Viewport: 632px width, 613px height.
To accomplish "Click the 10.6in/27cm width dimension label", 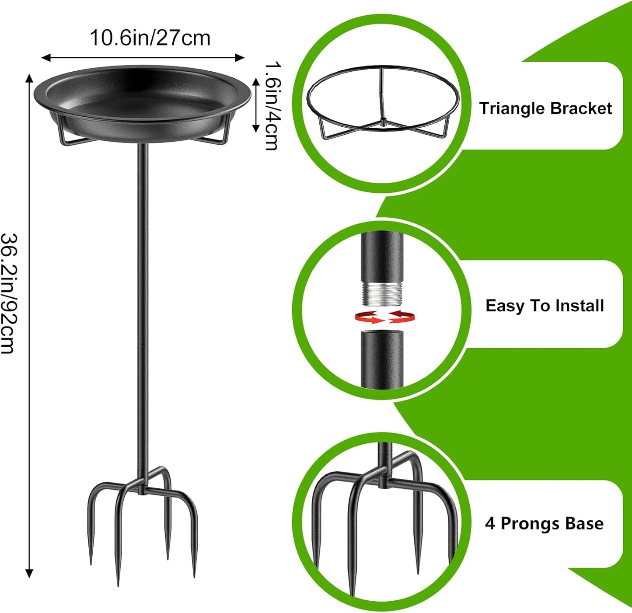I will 150,38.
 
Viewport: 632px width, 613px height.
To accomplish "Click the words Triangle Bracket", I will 545,108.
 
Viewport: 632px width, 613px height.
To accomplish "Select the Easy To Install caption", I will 545,306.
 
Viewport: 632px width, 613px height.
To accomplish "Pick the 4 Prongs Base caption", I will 544,523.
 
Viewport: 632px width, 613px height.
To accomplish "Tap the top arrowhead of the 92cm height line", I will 29,78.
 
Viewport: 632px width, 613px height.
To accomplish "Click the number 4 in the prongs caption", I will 490,523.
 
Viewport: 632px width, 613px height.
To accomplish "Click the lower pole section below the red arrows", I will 382,359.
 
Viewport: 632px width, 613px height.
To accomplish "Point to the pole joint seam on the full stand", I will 143,344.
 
